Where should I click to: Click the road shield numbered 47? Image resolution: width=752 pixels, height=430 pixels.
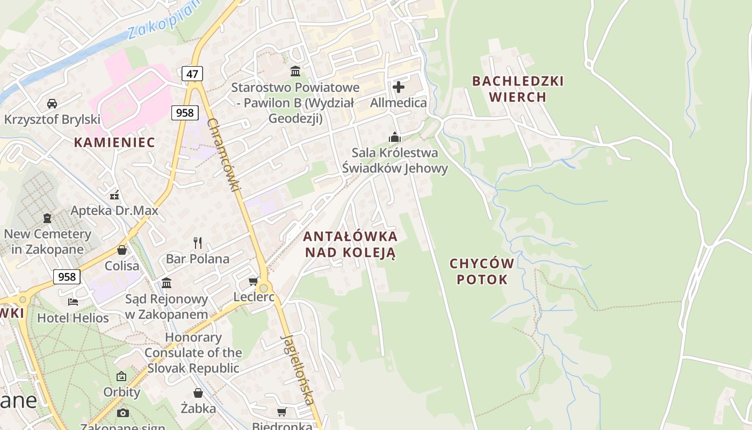coord(192,73)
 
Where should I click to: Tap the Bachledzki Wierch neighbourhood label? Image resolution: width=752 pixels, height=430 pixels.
coord(518,89)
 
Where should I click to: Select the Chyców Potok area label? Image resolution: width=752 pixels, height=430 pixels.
coord(482,271)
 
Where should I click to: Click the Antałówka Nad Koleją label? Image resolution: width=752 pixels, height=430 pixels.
coord(350,245)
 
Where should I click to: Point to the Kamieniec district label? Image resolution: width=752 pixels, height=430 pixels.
coord(114,142)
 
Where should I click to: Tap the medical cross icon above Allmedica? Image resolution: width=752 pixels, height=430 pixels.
coord(399,87)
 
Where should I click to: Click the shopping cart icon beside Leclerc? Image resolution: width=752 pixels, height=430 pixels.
coord(254,281)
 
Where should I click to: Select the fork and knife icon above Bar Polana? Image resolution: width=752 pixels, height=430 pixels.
coord(198,243)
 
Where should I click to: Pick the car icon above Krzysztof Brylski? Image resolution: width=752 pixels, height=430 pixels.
coord(52,103)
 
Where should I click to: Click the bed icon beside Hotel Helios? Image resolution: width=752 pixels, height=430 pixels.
coord(73,302)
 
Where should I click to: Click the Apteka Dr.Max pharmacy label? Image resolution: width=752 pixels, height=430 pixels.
coord(114,210)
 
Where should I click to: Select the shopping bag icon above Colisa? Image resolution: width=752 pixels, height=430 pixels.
coord(122,250)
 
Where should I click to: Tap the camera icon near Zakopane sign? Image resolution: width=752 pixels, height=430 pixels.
coord(123,413)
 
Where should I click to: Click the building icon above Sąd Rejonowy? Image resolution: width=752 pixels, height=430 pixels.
coord(167,283)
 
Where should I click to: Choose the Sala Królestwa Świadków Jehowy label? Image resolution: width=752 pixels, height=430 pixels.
coord(395,160)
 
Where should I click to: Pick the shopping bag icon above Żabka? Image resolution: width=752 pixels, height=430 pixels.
coord(198,393)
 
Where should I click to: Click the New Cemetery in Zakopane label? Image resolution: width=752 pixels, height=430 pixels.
coord(47,241)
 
